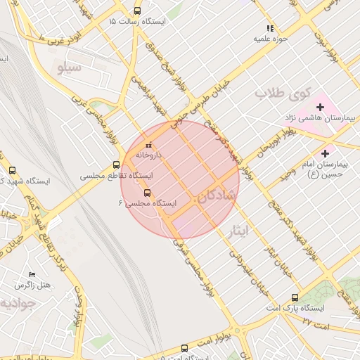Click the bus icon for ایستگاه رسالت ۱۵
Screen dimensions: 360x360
click(x=136, y=11)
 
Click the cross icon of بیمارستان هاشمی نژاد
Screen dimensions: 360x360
click(x=320, y=107)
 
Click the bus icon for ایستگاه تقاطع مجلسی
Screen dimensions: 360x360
click(x=116, y=165)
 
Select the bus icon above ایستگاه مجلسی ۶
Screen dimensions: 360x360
click(x=147, y=192)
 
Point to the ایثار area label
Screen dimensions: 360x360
click(x=237, y=230)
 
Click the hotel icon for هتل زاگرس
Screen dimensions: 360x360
click(x=31, y=274)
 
